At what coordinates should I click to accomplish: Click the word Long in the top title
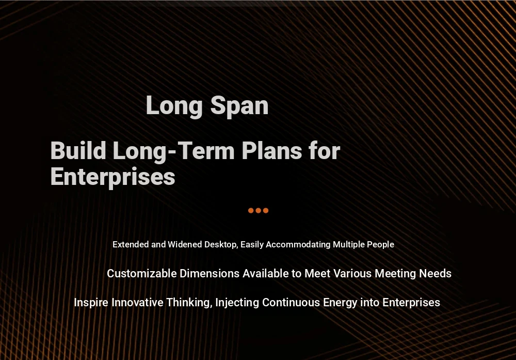[174, 106]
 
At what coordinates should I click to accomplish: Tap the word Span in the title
[239, 106]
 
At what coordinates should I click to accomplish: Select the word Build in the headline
[78, 151]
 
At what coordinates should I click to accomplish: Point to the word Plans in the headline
[272, 151]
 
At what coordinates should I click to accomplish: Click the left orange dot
[251, 210]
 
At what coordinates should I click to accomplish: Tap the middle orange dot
[259, 210]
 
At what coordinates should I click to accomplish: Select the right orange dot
[266, 210]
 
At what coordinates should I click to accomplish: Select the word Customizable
[142, 273]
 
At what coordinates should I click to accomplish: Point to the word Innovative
[137, 302]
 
